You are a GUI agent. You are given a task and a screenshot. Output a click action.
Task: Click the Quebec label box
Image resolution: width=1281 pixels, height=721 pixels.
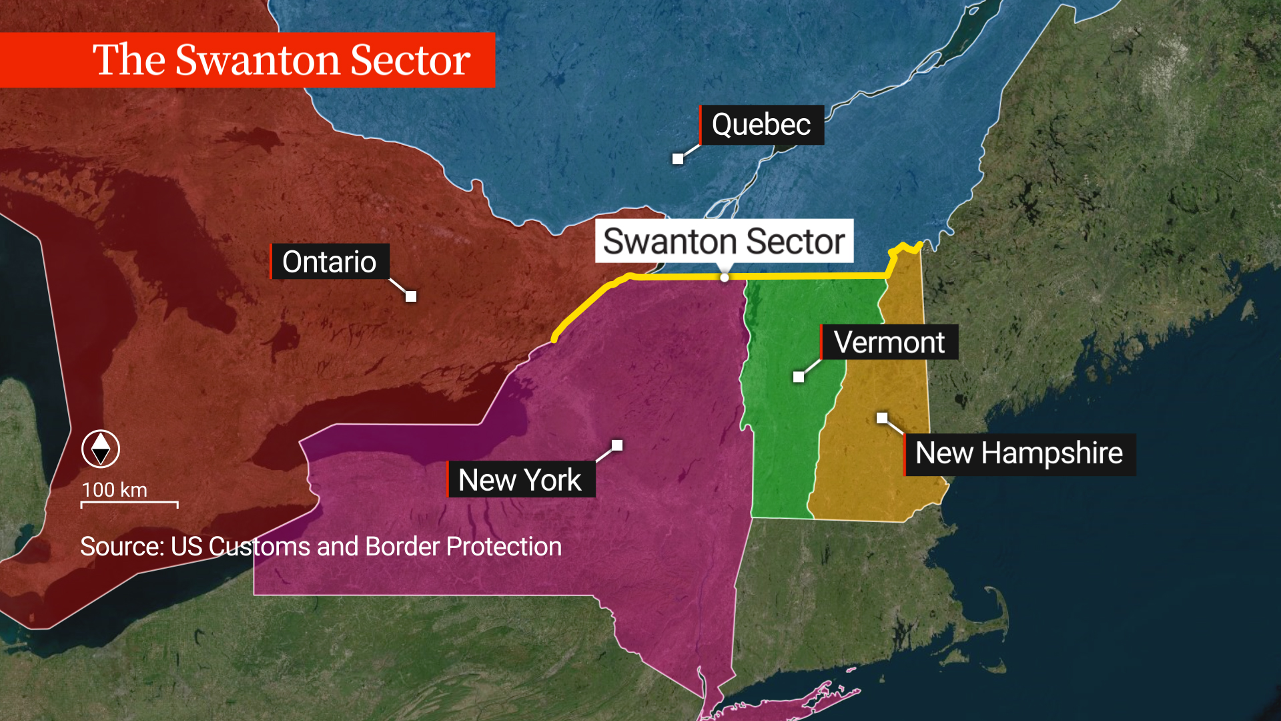click(761, 125)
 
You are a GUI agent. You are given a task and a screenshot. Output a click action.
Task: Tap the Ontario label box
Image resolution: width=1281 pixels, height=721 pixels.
click(329, 262)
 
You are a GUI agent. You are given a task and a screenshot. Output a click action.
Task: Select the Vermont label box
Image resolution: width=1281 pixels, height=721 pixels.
click(889, 342)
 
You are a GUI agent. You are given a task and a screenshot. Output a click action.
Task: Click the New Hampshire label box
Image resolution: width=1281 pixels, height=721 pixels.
click(1019, 454)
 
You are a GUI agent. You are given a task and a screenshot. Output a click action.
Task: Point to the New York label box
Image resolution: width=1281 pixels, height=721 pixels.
click(520, 480)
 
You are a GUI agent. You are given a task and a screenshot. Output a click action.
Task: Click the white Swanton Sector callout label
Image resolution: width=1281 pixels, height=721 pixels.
click(724, 241)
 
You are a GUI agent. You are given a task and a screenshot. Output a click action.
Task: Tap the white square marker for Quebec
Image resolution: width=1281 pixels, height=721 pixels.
click(678, 159)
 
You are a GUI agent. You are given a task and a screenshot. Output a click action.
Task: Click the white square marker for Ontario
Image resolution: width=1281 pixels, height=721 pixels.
click(411, 296)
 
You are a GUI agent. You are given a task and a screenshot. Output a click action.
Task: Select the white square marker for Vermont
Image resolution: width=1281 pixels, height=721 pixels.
click(799, 377)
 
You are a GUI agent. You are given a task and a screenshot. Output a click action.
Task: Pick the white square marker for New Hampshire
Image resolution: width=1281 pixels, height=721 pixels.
click(882, 418)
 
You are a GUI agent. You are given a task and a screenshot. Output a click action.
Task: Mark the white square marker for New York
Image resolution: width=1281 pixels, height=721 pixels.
click(617, 445)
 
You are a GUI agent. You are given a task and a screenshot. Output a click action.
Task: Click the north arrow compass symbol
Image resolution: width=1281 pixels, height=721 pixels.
click(101, 449)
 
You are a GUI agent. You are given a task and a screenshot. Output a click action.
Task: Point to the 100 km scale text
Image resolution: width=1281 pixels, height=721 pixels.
click(114, 490)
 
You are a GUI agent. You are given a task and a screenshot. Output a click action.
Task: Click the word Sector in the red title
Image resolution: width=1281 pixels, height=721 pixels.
click(410, 60)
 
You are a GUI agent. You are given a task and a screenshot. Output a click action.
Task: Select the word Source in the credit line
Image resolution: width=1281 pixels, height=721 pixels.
click(120, 547)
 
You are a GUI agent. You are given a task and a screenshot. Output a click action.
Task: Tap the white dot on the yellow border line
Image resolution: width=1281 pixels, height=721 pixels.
click(725, 278)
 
